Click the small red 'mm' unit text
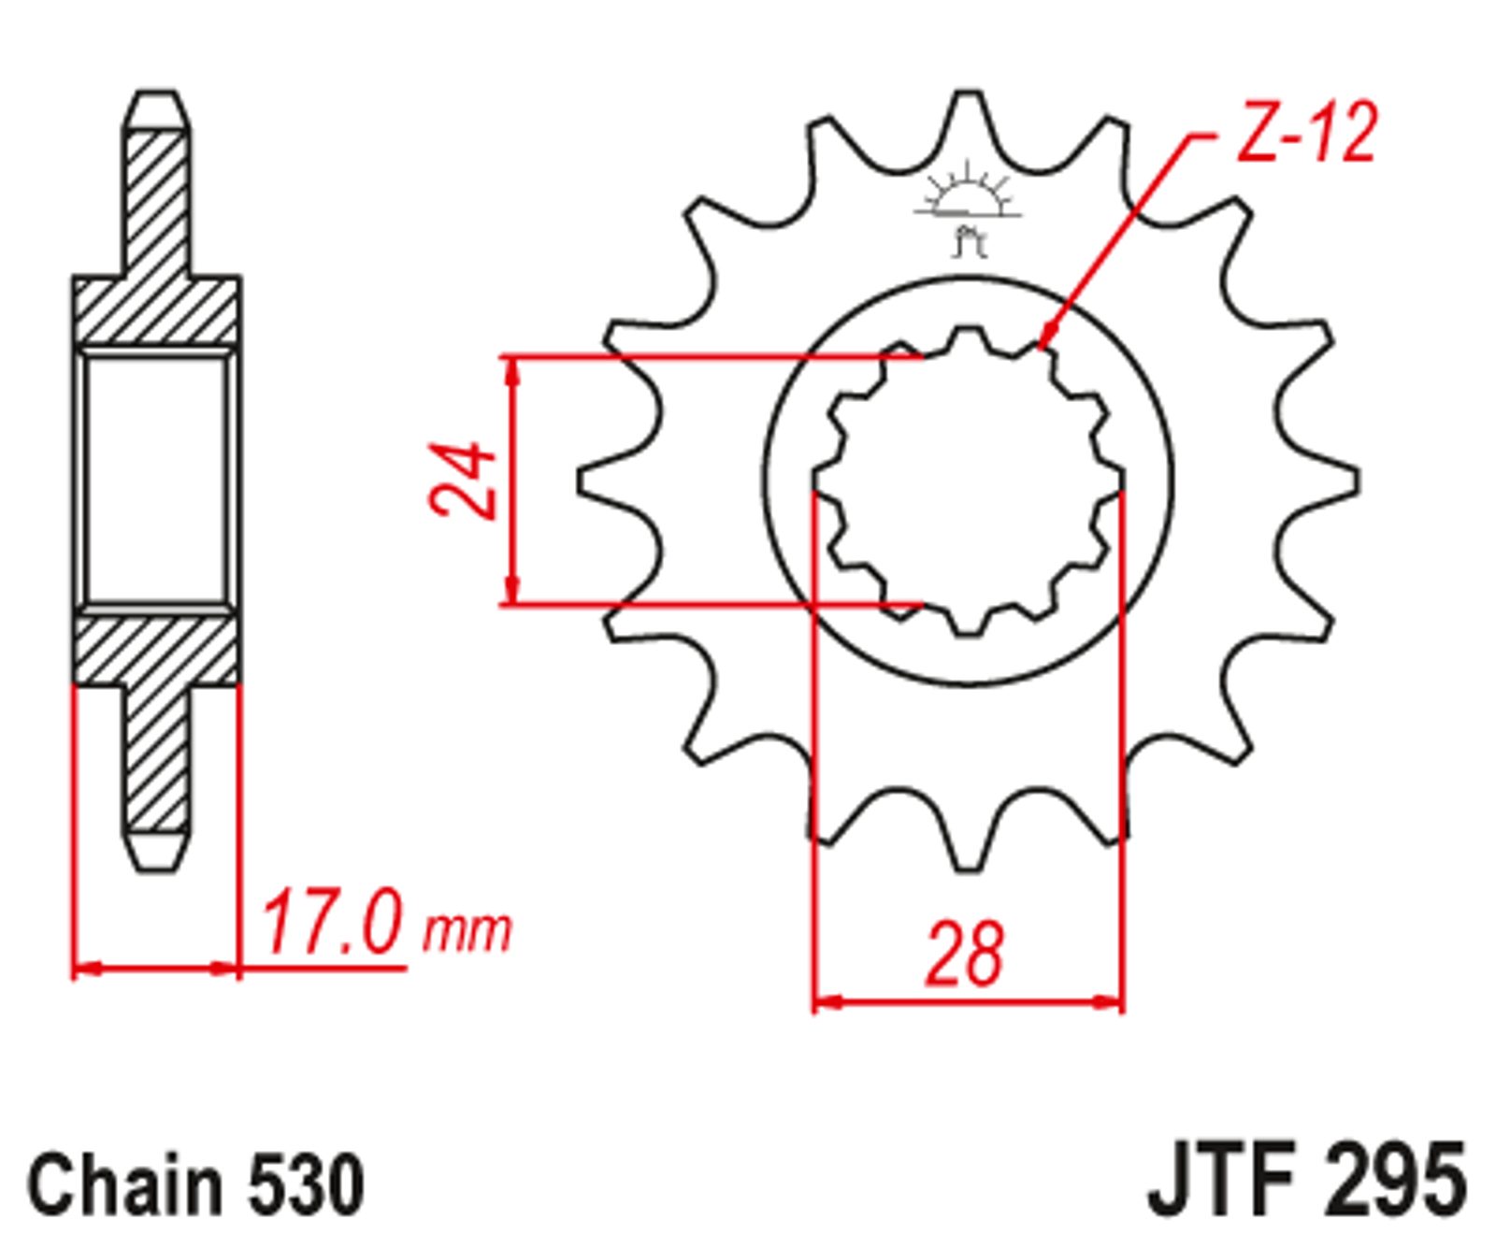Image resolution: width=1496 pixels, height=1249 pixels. click(x=467, y=931)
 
